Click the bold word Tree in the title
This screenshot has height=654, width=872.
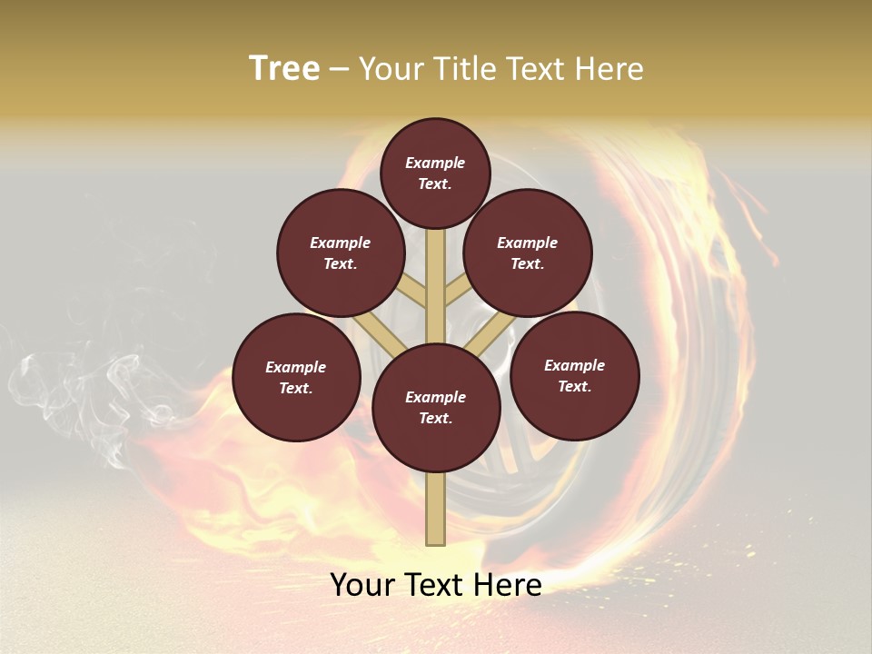[284, 68]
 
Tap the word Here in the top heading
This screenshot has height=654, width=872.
[609, 69]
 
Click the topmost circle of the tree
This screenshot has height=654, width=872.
[435, 173]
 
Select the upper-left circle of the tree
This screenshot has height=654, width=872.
[341, 253]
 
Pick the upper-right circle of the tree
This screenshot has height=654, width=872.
[528, 253]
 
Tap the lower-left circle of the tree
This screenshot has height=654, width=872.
[296, 377]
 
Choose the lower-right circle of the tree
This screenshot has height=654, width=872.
[574, 375]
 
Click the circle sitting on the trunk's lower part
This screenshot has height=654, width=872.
[436, 408]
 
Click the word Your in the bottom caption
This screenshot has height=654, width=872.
[362, 585]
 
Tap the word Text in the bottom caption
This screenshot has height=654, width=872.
[436, 585]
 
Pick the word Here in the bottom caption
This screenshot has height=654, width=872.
[509, 585]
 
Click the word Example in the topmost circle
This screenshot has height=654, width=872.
[435, 163]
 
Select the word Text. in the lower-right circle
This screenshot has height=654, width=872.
[574, 386]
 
